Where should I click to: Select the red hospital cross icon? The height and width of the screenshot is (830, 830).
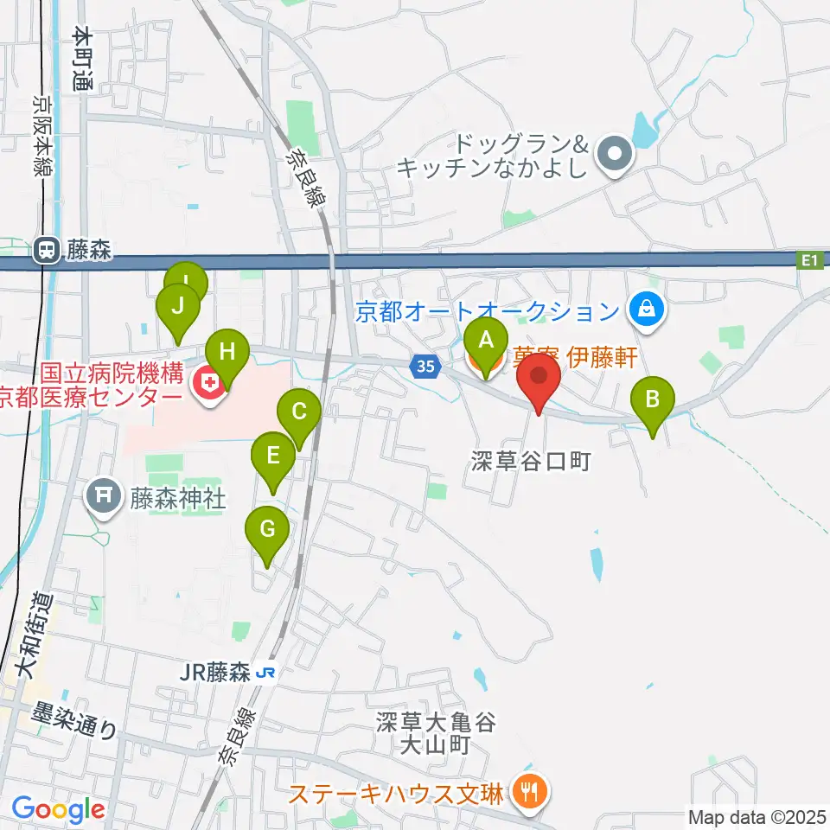point(207,379)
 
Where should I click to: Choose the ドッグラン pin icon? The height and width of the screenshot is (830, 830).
point(616,154)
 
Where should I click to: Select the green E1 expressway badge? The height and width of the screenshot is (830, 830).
point(809,259)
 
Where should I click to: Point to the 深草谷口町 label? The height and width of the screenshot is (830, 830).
point(531,461)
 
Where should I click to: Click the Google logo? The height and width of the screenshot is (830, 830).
point(58,809)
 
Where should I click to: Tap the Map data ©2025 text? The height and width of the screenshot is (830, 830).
point(756,815)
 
